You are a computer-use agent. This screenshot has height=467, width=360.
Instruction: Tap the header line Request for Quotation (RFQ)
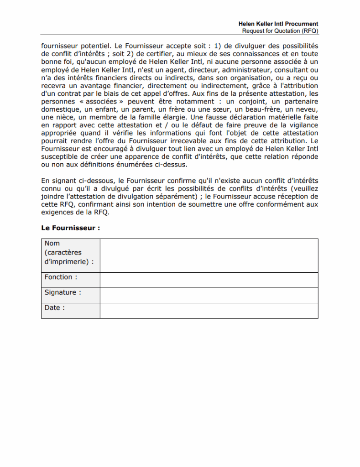click(x=280, y=31)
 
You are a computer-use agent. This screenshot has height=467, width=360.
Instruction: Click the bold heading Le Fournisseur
click(x=71, y=228)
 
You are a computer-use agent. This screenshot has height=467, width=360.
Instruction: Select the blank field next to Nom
click(x=209, y=255)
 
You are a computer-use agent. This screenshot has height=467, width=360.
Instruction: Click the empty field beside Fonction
click(x=209, y=280)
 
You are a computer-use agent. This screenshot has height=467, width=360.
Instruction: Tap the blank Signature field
click(x=209, y=295)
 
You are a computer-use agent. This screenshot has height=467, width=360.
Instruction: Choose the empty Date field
click(x=209, y=311)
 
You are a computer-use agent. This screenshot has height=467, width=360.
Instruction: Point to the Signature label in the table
click(x=63, y=292)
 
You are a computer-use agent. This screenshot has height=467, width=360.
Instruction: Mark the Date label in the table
click(x=55, y=308)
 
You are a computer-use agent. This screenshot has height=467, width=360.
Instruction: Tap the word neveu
click(x=307, y=109)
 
